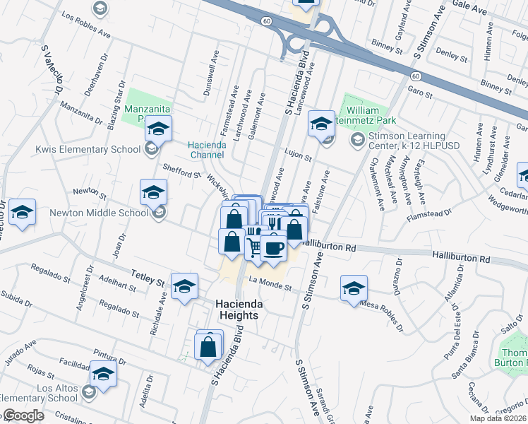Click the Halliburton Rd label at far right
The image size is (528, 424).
pos(462,259)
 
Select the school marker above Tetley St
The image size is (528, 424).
pos(185,285)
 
